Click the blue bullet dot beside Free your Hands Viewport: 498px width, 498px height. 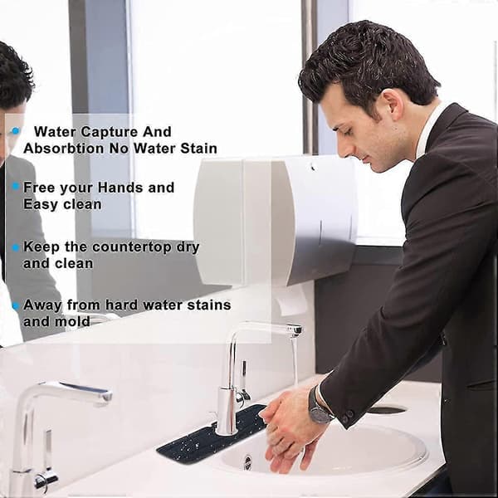click(x=16, y=187)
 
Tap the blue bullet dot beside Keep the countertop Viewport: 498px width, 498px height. click(x=16, y=247)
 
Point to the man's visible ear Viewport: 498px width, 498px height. click(x=392, y=105)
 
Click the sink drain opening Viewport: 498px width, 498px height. click(x=247, y=462)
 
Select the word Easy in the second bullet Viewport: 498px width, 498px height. click(x=41, y=204)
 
